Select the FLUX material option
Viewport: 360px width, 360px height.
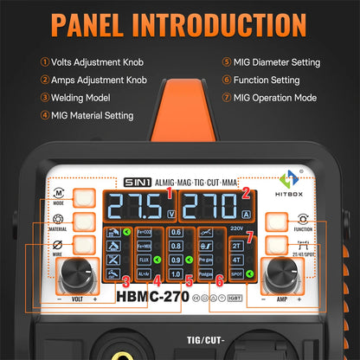point(145,258)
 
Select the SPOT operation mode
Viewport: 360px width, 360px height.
point(237,275)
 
